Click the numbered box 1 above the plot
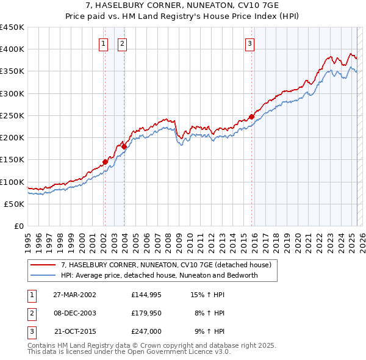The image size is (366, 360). (103, 43)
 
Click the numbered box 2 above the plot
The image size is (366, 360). (122, 43)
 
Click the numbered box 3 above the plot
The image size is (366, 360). (250, 43)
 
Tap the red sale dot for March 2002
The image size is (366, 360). (104, 162)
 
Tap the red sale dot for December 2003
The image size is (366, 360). (123, 146)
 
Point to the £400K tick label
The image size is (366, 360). (12, 49)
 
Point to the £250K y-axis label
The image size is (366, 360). (12, 115)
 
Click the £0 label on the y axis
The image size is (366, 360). (19, 226)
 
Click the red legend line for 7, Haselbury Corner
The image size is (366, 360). (43, 265)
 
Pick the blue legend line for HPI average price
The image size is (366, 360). (43, 275)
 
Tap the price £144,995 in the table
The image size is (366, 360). (146, 295)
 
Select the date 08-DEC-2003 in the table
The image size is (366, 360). (74, 313)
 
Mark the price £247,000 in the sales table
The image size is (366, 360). (146, 331)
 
